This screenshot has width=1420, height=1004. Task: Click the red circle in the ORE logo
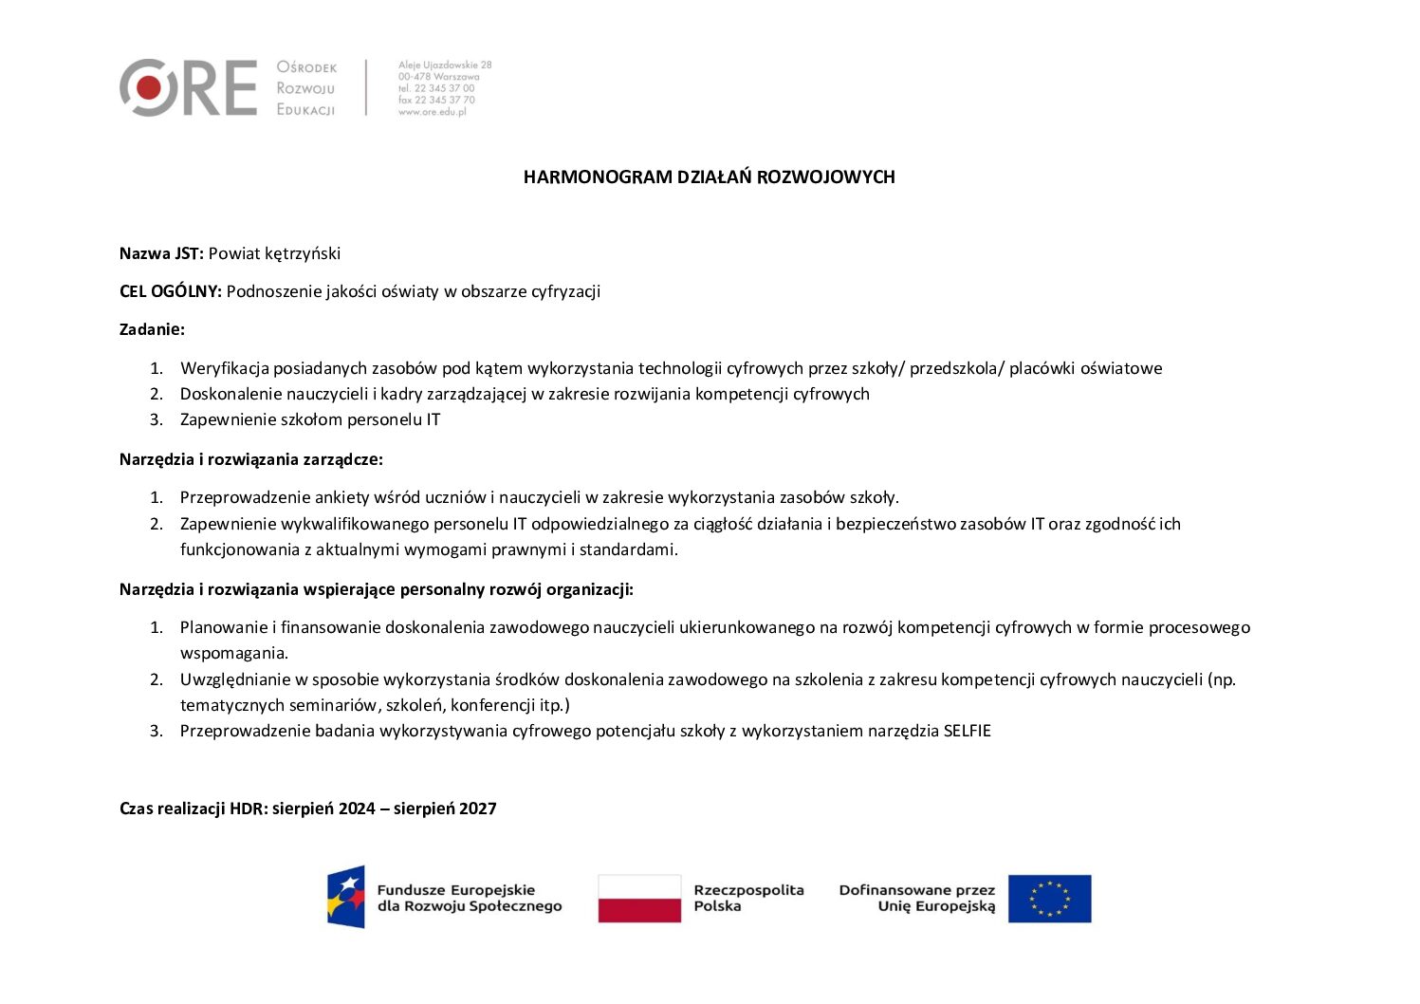[148, 88]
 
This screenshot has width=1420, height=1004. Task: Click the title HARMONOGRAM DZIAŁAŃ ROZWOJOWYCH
[709, 177]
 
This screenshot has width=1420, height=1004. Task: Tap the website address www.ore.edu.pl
[433, 112]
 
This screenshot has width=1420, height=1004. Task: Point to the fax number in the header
[437, 100]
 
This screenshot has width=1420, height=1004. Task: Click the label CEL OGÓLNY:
[171, 291]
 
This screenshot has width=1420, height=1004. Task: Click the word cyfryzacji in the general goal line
[565, 291]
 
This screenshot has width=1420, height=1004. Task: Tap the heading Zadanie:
[152, 329]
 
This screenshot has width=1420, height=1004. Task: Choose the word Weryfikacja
[224, 368]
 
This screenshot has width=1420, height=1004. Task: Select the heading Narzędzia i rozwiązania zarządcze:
[251, 459]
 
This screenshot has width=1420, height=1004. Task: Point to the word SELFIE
[967, 731]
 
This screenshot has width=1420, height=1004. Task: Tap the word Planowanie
[224, 627]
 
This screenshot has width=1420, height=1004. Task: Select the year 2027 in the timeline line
[478, 809]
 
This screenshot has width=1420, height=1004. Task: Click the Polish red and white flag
[639, 898]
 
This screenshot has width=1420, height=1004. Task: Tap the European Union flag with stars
[1049, 898]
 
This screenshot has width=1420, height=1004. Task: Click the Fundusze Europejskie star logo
[346, 897]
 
